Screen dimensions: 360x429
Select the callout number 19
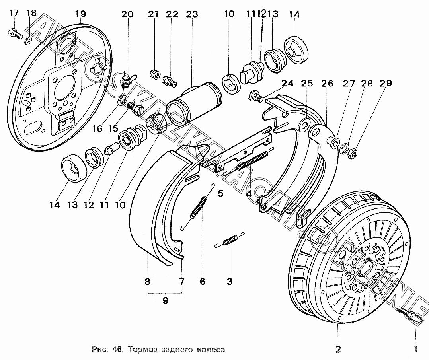click(80, 14)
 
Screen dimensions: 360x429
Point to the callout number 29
click(386, 83)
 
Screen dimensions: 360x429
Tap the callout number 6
click(203, 282)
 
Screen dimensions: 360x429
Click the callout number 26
click(327, 84)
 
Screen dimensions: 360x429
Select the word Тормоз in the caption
click(141, 350)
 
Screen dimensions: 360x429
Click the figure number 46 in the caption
click(117, 350)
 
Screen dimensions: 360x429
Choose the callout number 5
click(220, 194)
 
